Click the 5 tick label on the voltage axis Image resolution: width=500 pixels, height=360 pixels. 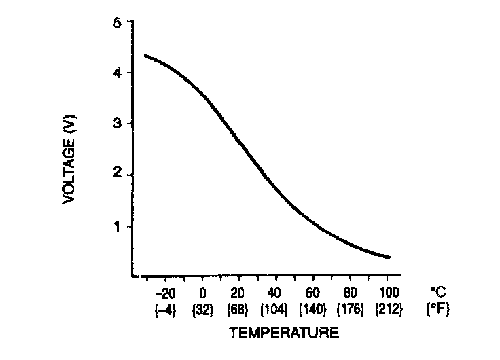click(x=118, y=23)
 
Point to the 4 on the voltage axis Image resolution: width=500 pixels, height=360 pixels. click(x=118, y=73)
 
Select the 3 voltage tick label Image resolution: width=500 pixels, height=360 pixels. click(x=118, y=124)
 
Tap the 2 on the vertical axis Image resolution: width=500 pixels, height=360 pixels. click(x=118, y=175)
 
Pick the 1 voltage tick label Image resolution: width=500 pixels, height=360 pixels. click(x=118, y=226)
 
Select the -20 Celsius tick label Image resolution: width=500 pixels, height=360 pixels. click(x=164, y=295)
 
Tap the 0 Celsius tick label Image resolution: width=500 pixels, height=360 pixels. click(x=202, y=295)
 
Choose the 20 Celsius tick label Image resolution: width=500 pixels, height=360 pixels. click(x=238, y=295)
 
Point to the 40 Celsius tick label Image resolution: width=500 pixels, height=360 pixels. click(x=274, y=295)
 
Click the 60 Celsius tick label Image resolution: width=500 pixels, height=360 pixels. click(x=312, y=295)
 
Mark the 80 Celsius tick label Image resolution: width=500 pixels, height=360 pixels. click(x=350, y=295)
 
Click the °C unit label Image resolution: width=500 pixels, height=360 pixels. click(x=436, y=295)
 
